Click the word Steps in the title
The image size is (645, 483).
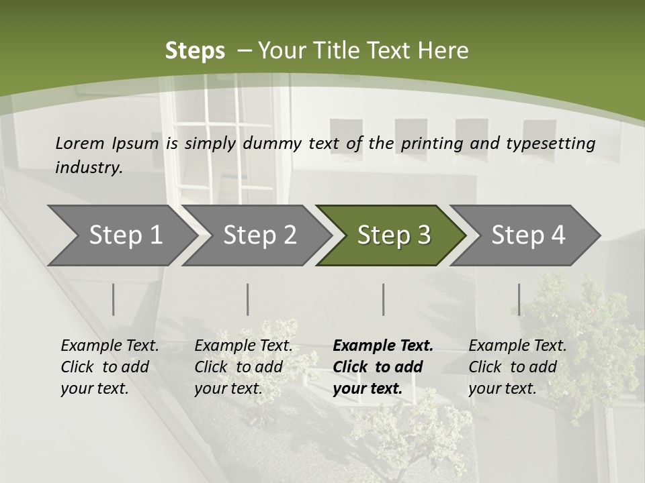click(195, 50)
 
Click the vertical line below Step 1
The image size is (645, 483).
click(114, 299)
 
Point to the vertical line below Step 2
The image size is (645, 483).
click(248, 299)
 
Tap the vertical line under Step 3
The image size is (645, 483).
click(384, 299)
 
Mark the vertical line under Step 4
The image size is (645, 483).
click(519, 299)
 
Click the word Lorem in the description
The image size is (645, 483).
click(79, 143)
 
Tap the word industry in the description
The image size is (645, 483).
click(89, 167)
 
